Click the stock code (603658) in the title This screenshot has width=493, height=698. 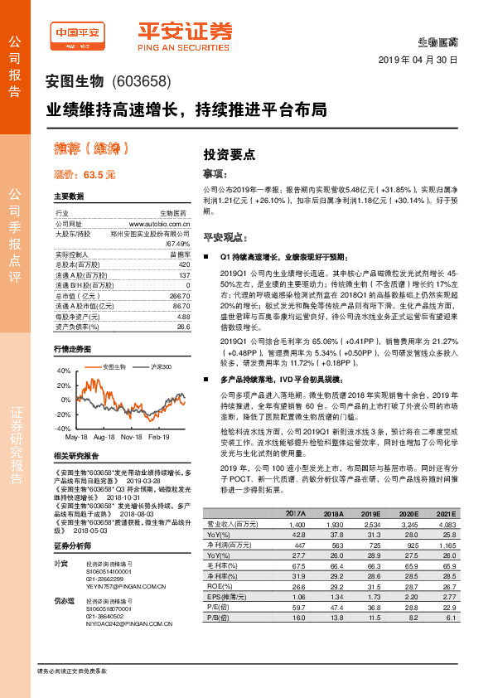click(x=140, y=81)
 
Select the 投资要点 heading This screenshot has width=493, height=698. click(x=230, y=154)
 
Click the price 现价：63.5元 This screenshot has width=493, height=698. click(x=85, y=175)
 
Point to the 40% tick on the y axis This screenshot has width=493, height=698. click(x=63, y=372)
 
